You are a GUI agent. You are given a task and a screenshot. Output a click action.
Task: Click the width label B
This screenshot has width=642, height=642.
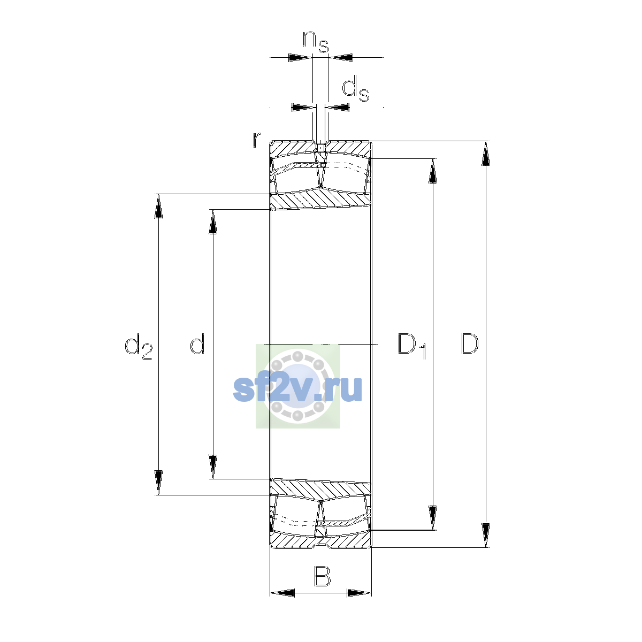322,576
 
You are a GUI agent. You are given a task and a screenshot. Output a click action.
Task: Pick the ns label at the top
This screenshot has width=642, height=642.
316,42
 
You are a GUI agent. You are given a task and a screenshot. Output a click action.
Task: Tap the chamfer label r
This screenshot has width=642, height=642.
257,140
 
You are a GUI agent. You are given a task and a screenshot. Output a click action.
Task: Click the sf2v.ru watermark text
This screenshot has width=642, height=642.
297,388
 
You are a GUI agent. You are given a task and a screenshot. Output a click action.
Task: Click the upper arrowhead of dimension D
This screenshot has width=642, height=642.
486,153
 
